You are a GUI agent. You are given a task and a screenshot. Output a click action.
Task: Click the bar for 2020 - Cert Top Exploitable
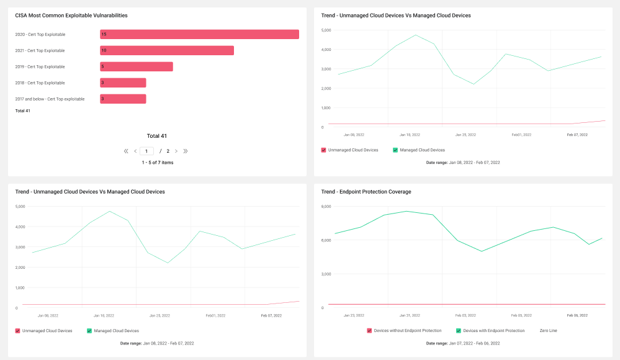[199, 34]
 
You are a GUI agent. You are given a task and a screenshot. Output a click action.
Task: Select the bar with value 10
[167, 51]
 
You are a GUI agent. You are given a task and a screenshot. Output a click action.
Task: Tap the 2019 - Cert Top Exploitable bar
[137, 67]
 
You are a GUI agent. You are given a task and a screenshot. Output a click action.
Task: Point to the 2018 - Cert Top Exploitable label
[40, 83]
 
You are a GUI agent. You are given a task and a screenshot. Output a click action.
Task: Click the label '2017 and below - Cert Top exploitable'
[50, 99]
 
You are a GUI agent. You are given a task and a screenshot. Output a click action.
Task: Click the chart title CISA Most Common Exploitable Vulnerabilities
[71, 16]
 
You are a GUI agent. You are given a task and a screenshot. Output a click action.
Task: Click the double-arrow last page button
[186, 151]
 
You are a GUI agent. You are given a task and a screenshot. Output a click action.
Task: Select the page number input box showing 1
[146, 151]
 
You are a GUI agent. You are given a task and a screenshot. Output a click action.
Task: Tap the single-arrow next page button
[176, 151]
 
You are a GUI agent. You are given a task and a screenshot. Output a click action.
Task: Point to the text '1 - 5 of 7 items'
[158, 163]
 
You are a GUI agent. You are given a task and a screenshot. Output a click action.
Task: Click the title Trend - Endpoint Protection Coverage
[366, 192]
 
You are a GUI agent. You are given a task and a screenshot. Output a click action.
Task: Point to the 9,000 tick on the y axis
[326, 207]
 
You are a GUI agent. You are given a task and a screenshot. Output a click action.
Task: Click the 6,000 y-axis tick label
[326, 240]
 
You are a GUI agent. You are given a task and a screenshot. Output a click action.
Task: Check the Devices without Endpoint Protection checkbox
[369, 331]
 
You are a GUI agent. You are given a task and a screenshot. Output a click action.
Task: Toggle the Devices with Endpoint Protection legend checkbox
[459, 331]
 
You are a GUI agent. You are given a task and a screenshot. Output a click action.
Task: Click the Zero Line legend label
[549, 331]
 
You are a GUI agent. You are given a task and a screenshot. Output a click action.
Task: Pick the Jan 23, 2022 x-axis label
[354, 316]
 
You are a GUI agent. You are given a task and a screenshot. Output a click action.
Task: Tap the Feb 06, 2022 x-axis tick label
[577, 316]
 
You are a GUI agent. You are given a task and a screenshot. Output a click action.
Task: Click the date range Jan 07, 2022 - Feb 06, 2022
[475, 343]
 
